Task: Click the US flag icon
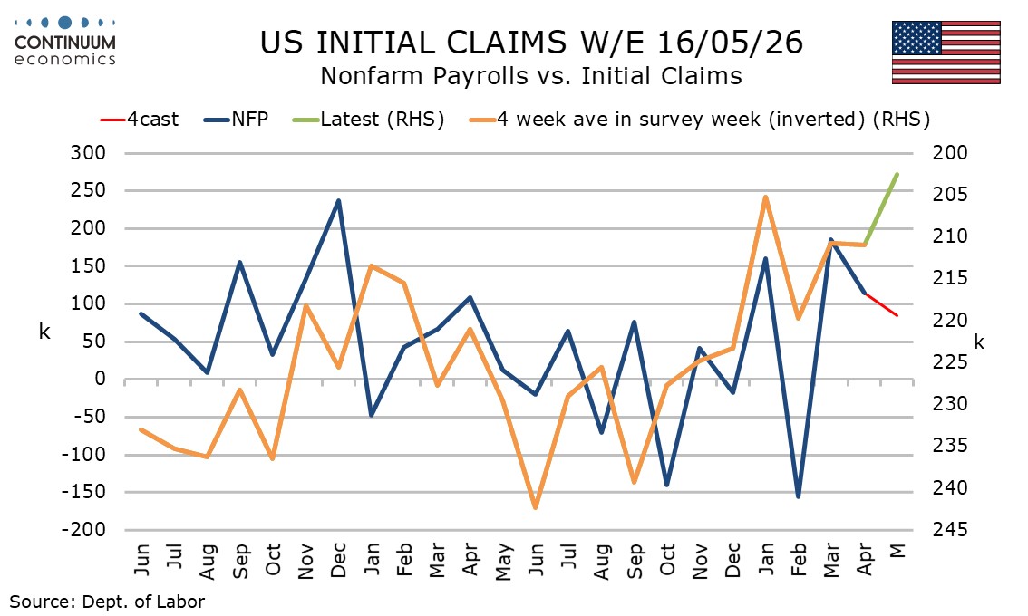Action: [x=946, y=53]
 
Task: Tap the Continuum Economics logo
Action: [x=65, y=42]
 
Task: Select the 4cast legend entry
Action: [x=139, y=120]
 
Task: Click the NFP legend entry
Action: [x=236, y=120]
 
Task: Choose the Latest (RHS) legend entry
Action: [x=368, y=120]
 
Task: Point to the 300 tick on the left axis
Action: [x=88, y=153]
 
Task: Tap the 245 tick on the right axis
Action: [x=950, y=530]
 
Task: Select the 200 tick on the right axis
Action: [x=950, y=153]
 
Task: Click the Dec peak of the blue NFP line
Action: [x=338, y=200]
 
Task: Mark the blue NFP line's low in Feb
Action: [x=798, y=496]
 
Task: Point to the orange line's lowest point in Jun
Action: [x=536, y=507]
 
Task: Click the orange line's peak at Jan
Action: [x=765, y=197]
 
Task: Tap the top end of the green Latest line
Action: [x=897, y=174]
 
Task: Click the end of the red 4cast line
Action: [x=897, y=315]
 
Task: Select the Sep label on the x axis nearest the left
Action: [x=240, y=561]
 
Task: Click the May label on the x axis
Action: [x=503, y=562]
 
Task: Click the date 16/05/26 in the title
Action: [x=729, y=43]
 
